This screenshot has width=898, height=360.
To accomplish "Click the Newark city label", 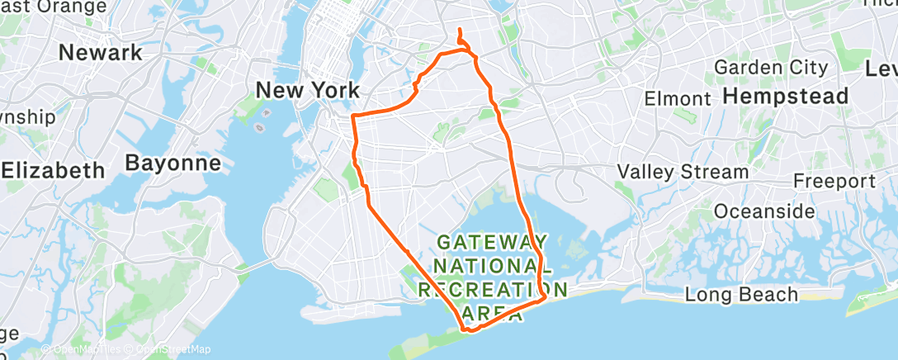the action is point(102,53).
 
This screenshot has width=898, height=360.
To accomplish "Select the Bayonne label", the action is point(173,163).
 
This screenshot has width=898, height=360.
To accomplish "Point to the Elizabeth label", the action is point(53,171).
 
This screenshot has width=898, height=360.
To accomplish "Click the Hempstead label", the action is point(785,97).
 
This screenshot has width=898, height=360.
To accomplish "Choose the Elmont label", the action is point(678,99).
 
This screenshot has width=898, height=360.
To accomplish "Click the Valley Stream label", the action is point(683,172).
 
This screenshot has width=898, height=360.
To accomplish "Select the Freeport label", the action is point(834,181).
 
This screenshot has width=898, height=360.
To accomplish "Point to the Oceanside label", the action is point(764,211).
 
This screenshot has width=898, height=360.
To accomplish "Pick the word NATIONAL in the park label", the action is point(493,266).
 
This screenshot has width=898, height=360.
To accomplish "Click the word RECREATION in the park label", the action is point(493,290).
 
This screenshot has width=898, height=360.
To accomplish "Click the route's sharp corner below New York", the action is point(353,116).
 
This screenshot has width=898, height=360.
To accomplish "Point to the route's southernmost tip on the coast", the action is point(468,331).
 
